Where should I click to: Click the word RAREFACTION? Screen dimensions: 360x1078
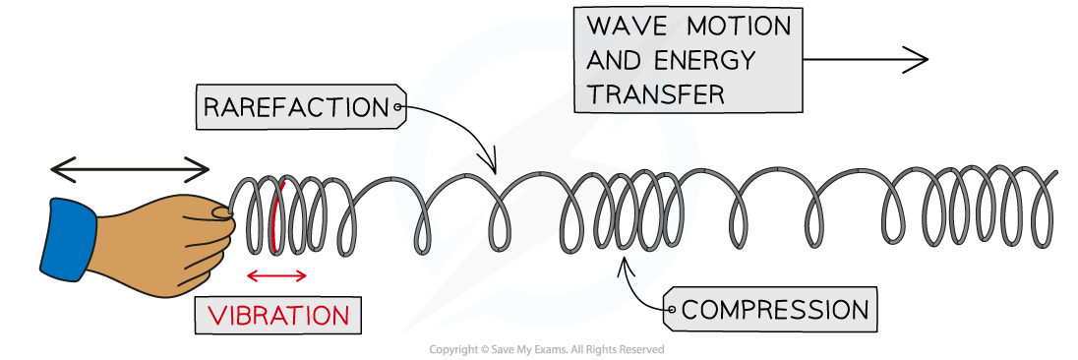[x=296, y=107]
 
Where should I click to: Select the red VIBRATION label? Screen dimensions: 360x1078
[x=278, y=316]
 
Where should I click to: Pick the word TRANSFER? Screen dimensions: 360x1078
[x=655, y=93]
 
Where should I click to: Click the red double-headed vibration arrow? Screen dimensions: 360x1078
[x=277, y=276]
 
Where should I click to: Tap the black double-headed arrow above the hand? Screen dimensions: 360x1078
[x=131, y=170]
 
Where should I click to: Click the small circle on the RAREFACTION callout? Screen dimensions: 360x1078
[x=397, y=106]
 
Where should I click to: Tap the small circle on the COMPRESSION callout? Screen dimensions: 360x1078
[x=672, y=311]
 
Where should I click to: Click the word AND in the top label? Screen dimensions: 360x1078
[x=617, y=60]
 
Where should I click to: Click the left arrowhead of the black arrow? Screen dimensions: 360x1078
[x=55, y=170]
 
